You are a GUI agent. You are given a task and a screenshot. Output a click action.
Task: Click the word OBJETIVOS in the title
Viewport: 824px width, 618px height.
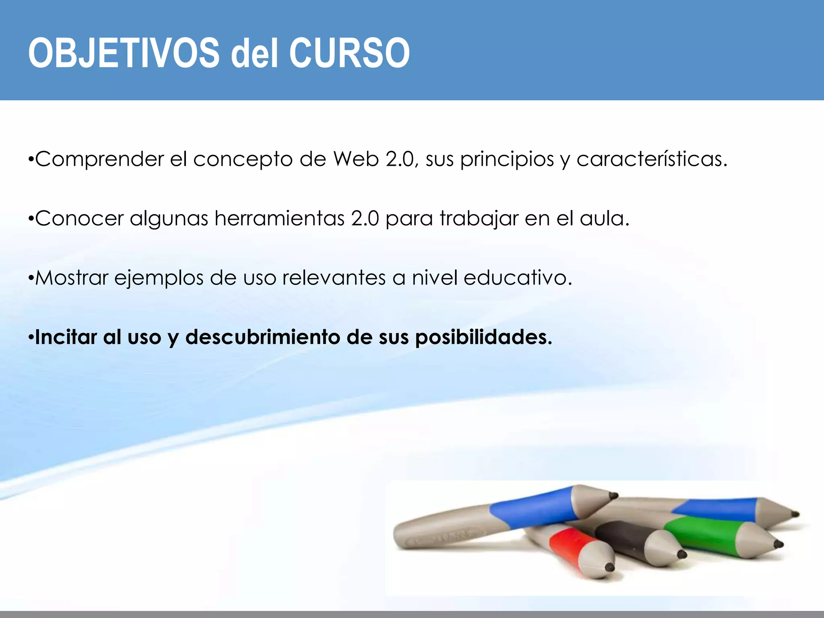click(124, 53)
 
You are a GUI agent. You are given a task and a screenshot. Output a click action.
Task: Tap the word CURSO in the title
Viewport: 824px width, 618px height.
click(349, 53)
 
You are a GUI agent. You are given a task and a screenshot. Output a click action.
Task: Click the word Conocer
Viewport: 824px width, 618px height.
click(79, 218)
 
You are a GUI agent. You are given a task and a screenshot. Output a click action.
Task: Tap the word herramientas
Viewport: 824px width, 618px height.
click(280, 218)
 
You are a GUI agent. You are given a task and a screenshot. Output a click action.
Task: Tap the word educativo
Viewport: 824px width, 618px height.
click(517, 278)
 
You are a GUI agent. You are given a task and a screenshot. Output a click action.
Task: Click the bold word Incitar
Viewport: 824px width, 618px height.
click(66, 337)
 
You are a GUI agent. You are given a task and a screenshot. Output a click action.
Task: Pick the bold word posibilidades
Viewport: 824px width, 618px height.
click(483, 338)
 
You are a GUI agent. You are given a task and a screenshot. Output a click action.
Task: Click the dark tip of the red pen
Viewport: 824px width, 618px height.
click(610, 567)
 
